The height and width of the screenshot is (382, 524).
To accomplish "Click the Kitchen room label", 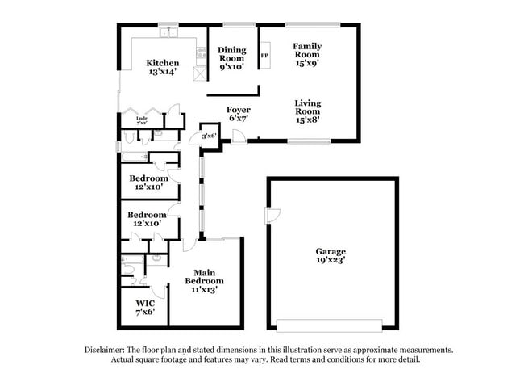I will [162, 63].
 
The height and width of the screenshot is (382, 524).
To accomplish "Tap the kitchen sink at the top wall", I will [168, 34].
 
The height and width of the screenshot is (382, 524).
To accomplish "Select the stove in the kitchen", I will [200, 53].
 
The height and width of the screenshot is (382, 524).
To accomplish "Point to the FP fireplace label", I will [264, 56].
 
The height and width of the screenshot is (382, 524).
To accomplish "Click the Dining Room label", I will [232, 55].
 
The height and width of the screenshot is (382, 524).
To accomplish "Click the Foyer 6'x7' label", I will [238, 114].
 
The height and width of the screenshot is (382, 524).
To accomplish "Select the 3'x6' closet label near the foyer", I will [209, 136].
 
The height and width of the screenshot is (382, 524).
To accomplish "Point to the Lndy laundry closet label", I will [141, 121].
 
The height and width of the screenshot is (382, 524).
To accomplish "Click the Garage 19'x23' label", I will [331, 256].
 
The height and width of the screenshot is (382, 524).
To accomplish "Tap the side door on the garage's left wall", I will [272, 216].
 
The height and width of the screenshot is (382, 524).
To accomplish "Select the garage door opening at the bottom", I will [329, 325].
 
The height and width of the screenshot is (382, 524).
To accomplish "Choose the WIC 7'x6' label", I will [144, 307].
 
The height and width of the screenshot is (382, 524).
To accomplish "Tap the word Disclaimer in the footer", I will [106, 350].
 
